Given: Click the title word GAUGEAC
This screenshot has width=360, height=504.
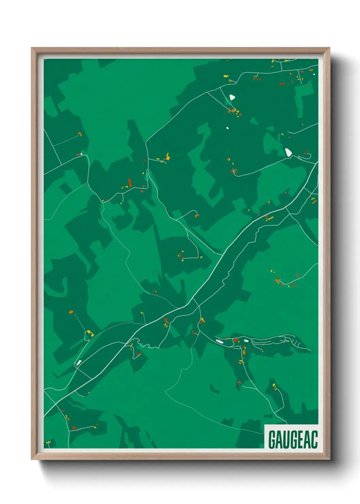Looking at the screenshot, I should point(293,440).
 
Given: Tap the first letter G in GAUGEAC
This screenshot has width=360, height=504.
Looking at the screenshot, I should point(272,440).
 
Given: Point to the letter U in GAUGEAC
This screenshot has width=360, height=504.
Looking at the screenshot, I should point(287,440).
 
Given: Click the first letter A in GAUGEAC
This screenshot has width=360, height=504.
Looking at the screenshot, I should point(280,440).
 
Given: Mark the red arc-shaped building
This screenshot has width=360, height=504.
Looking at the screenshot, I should point(282,83).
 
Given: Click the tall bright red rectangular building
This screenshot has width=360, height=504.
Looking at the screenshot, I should point(130,183).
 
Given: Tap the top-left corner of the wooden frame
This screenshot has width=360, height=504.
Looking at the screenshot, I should point(32,48).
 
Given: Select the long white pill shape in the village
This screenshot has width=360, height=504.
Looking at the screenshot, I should point(219,341).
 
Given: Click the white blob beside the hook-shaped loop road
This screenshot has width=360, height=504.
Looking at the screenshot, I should point(288,152).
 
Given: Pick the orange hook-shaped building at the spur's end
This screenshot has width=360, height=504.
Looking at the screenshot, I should point(197,215).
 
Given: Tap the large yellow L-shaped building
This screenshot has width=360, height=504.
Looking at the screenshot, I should point(89,332).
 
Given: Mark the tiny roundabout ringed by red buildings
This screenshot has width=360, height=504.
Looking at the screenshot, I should point(234,171).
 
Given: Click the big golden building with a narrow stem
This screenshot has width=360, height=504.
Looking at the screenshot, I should point(167,157).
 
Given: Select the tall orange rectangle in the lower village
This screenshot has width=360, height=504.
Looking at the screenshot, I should point(244,352).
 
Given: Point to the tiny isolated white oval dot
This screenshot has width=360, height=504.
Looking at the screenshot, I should point(228,128).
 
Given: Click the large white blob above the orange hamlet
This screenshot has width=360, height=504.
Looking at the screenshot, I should point(232,97).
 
